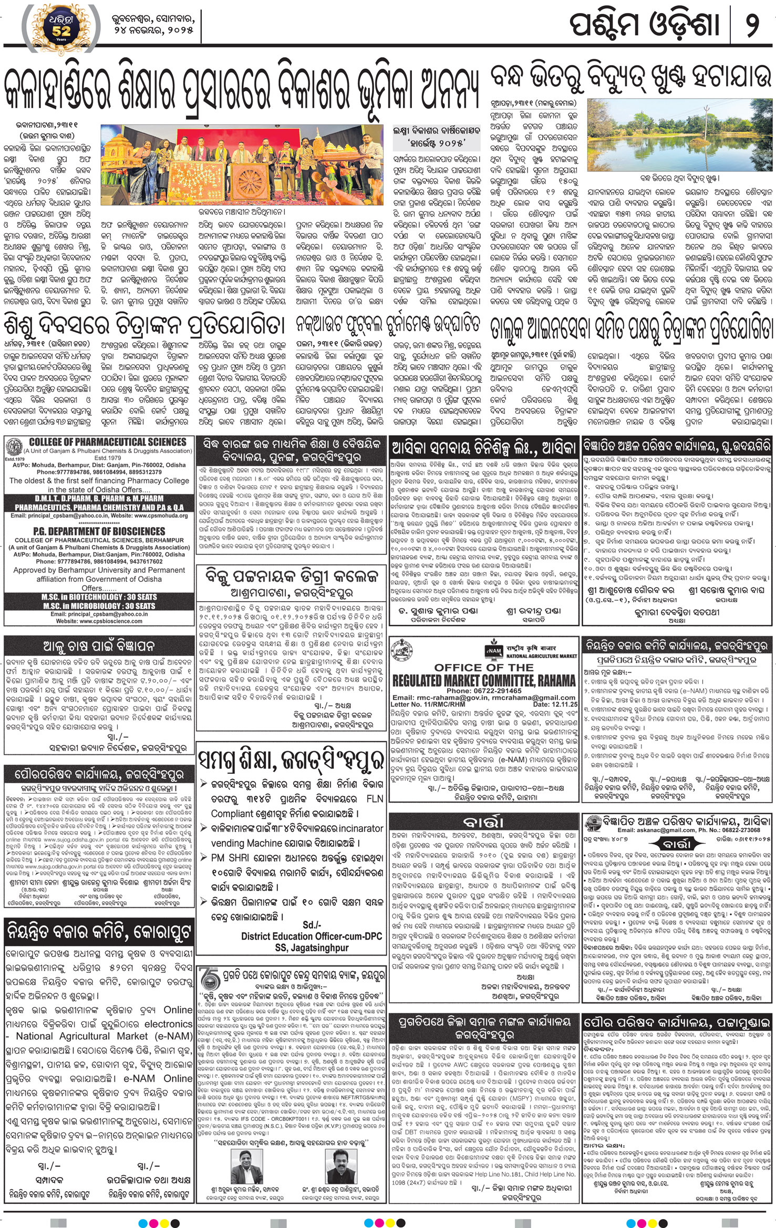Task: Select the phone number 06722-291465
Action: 484,691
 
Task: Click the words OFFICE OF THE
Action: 483,667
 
